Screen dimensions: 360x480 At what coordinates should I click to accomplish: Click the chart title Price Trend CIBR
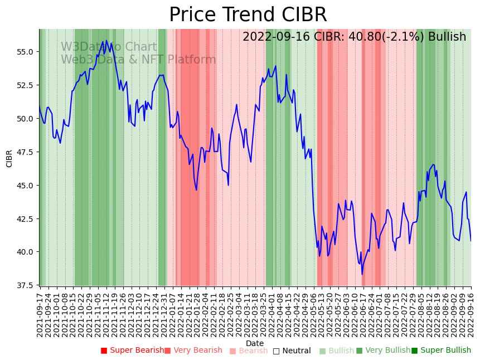(248, 15)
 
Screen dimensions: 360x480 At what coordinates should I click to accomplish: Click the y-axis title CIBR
(9, 158)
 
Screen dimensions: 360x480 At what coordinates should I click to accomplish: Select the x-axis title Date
(255, 343)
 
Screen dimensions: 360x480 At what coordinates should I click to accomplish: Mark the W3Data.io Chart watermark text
(109, 47)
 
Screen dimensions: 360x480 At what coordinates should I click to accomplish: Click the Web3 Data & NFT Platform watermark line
(138, 60)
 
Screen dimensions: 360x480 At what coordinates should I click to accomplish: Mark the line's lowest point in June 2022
(362, 274)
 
